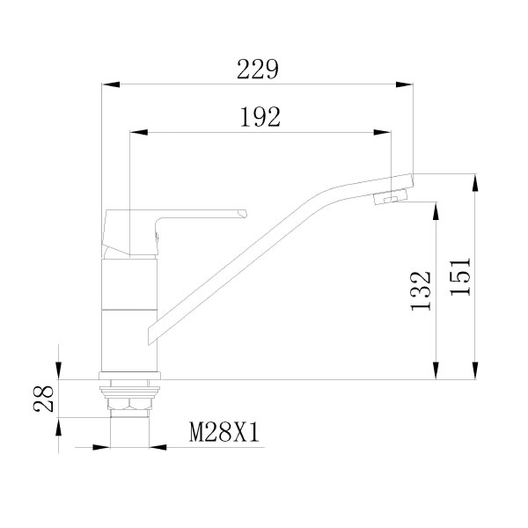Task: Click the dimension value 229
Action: [x=258, y=70]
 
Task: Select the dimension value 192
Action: [x=260, y=117]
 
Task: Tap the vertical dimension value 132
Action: [x=421, y=290]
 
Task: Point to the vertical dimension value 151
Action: [x=460, y=276]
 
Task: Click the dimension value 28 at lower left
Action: [x=44, y=399]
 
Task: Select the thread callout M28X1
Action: [x=224, y=432]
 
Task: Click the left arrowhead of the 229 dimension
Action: [x=111, y=84]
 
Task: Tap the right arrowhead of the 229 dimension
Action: [x=404, y=84]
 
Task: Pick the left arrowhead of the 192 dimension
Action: [x=139, y=132]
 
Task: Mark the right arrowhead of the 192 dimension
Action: [x=382, y=132]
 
